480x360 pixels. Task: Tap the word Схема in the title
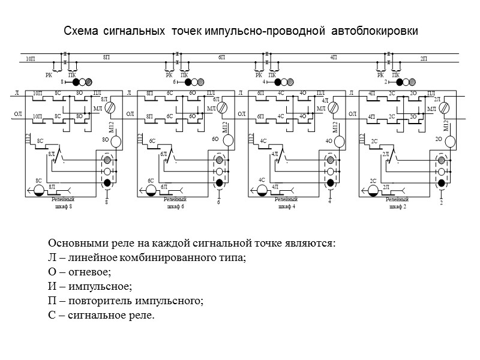[x=81, y=31]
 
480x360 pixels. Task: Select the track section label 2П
[x=424, y=58]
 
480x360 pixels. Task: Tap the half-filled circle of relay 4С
[x=262, y=190]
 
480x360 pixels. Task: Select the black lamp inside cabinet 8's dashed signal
[x=107, y=183]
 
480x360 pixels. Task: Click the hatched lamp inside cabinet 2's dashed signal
[x=442, y=160]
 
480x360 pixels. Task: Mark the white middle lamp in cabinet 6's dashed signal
[x=219, y=172]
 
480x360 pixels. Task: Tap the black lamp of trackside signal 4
[x=273, y=82]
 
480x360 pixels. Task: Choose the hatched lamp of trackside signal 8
[x=89, y=82]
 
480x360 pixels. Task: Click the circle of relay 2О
[x=450, y=141]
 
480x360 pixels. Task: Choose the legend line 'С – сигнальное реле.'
[x=101, y=314]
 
